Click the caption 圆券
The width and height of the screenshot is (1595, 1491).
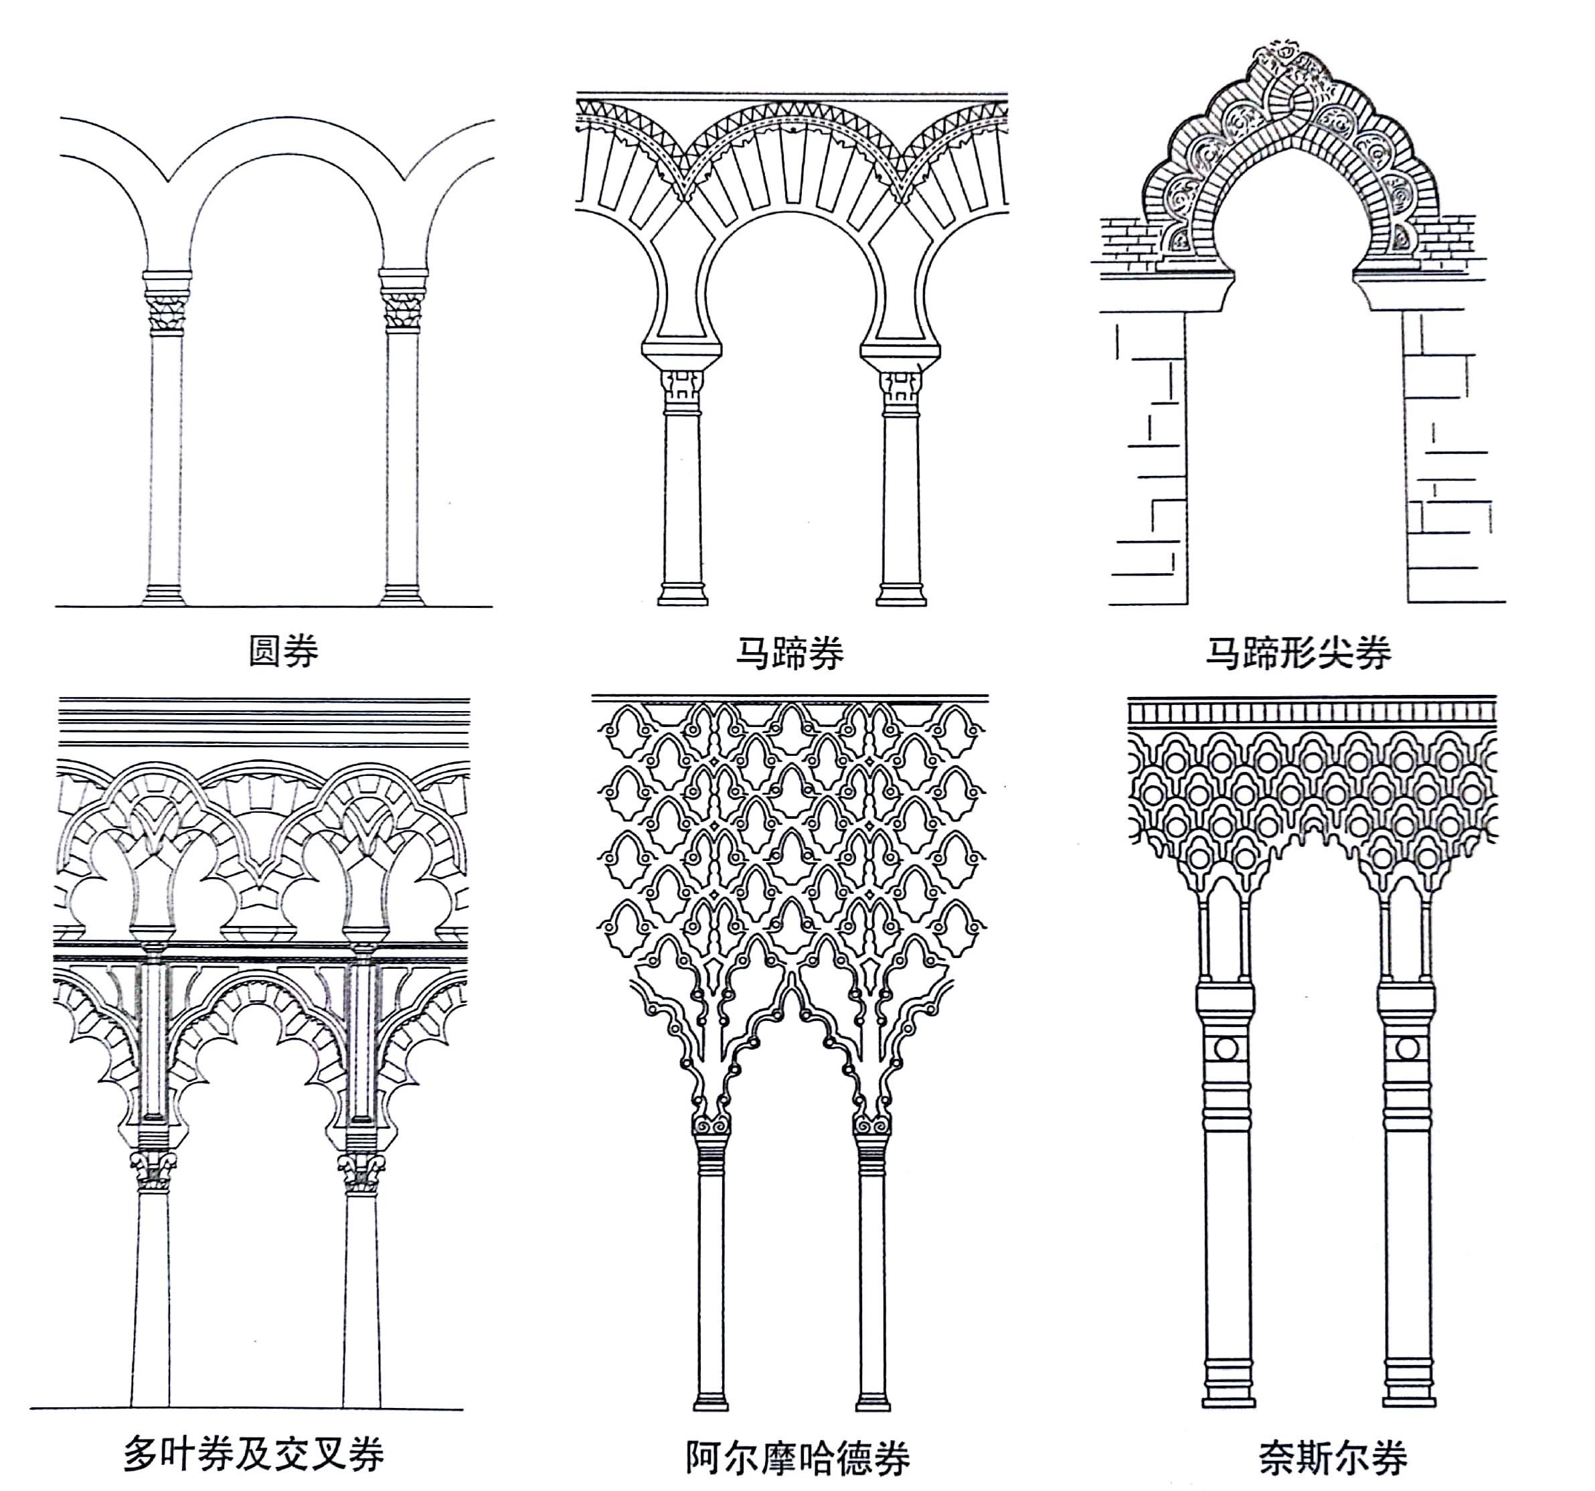(283, 651)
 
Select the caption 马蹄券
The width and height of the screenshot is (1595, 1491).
(790, 653)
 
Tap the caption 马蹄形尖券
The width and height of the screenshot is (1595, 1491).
(1297, 653)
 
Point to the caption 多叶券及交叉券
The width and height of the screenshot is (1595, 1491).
(254, 1452)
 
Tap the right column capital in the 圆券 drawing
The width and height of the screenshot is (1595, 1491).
(403, 311)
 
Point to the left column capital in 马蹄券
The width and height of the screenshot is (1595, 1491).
(683, 389)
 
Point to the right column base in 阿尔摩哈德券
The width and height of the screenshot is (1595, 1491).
(873, 1401)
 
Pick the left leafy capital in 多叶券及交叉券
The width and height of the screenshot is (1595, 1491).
(154, 1172)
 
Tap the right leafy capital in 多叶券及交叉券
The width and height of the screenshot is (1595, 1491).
(362, 1172)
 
